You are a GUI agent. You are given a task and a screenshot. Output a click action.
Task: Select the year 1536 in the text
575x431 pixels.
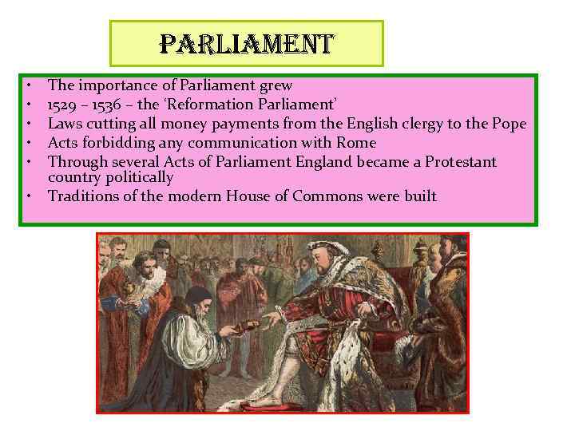tap(105, 105)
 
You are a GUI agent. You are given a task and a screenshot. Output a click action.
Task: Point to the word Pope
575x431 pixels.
tap(508, 124)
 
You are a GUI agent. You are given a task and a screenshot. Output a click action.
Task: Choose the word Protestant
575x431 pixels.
tap(461, 162)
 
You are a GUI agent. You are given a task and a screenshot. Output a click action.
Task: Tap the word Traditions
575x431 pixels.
tap(83, 196)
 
